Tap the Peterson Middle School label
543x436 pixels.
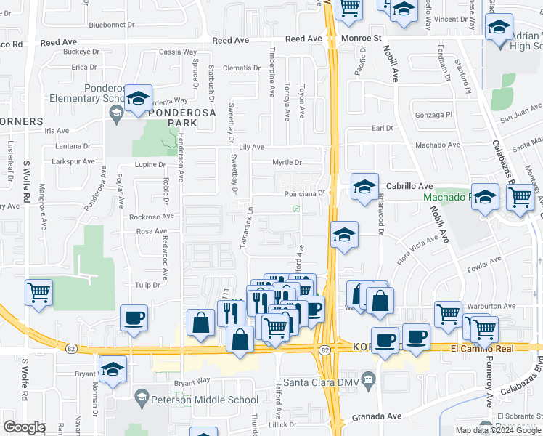coord(204,400)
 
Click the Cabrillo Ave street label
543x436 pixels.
coord(409,186)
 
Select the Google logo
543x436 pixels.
coord(24,427)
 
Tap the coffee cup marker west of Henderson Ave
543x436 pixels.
coord(134,318)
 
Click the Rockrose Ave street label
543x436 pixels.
coord(150,216)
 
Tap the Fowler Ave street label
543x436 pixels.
coord(486,261)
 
